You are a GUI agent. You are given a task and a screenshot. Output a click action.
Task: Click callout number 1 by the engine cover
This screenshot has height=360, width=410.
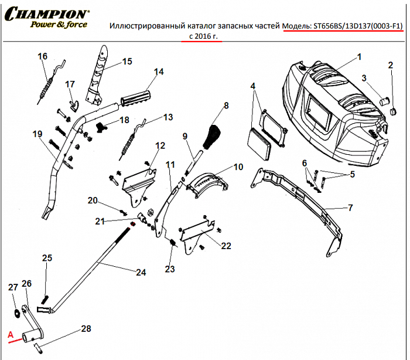(x=359, y=57)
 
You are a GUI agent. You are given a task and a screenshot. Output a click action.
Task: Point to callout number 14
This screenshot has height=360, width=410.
(x=158, y=72)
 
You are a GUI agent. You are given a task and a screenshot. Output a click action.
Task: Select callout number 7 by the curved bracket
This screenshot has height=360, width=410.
(x=350, y=208)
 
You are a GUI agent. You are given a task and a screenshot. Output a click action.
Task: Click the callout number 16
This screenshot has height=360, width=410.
(x=42, y=56)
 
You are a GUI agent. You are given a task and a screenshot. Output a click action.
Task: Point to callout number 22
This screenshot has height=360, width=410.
(x=226, y=246)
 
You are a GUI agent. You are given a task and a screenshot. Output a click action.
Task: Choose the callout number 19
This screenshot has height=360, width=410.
(x=37, y=134)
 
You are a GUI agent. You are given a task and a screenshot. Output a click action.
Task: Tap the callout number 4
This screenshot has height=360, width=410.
(x=253, y=86)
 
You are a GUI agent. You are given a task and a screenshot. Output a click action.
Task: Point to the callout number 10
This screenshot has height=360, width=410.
(x=238, y=167)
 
